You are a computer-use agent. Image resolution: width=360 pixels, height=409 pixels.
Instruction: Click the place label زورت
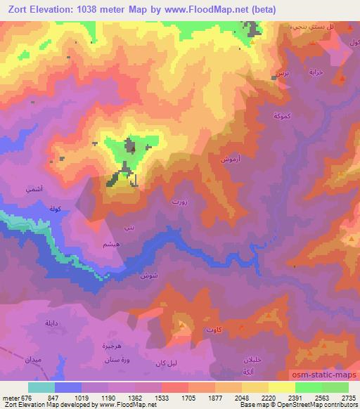(x=179, y=201)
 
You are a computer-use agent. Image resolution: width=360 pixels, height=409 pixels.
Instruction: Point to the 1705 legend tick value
(x=188, y=397)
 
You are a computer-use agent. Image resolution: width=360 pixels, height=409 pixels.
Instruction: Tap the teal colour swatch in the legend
(x=41, y=387)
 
